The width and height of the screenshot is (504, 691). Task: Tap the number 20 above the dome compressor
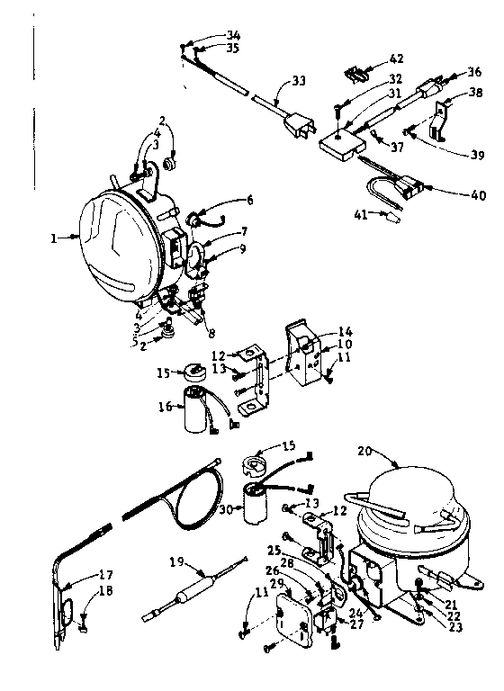[365, 452]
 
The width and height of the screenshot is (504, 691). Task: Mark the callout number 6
[249, 200]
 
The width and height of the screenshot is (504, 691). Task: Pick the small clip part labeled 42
[356, 76]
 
